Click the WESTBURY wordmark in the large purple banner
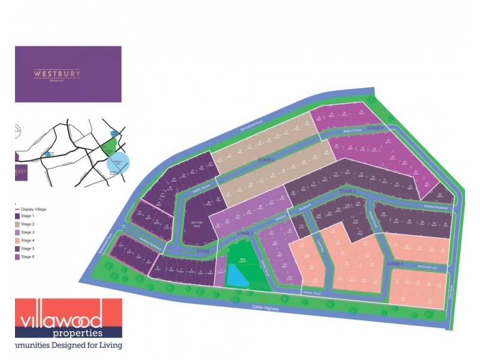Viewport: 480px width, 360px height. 57,74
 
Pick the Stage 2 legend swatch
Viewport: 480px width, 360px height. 16,224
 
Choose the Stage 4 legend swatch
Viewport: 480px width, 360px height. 16,240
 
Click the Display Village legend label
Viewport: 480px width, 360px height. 34,209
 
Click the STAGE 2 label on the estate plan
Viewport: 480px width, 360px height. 266,160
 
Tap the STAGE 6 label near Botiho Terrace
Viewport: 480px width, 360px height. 374,128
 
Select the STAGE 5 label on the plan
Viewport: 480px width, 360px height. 347,191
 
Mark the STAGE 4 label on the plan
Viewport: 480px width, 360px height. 395,264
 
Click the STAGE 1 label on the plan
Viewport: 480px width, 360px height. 204,251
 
